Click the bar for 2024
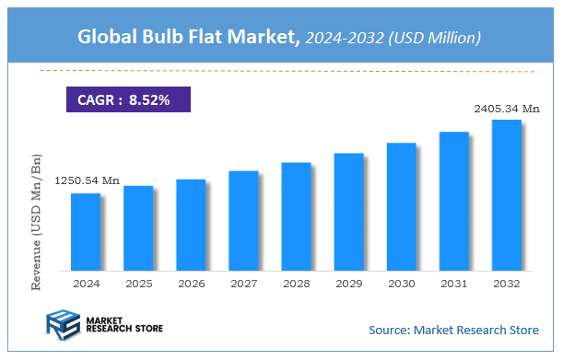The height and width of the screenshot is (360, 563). [x=85, y=232]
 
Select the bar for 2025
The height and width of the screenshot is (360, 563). [x=137, y=228]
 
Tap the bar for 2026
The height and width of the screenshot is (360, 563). [x=190, y=225]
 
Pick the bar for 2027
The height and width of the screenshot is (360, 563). [x=243, y=221]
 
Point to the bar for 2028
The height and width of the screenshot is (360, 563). [x=296, y=216]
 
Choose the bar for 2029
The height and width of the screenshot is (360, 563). [x=348, y=212]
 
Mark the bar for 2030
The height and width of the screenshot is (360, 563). [x=401, y=207]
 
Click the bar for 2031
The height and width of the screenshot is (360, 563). [x=453, y=202]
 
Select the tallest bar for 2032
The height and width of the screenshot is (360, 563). [x=506, y=195]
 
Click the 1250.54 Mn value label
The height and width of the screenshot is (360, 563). [x=87, y=181]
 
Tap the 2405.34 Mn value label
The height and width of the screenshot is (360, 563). [x=507, y=109]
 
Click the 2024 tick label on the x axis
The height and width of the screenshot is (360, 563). [x=85, y=284]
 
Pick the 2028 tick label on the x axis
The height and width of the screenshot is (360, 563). [x=296, y=284]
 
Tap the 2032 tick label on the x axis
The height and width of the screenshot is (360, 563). [x=506, y=284]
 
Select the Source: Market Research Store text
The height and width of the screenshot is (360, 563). [x=453, y=329]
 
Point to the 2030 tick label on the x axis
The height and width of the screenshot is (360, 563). [x=401, y=284]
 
